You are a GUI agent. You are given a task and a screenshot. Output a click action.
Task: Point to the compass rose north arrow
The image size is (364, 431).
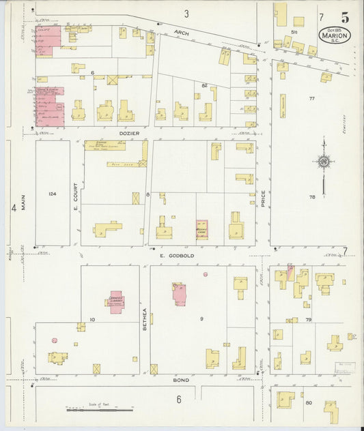(323, 161)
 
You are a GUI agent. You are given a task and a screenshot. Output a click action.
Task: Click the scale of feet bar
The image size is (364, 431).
(100, 411)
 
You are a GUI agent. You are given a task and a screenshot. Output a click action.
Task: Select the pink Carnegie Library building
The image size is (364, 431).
(116, 301)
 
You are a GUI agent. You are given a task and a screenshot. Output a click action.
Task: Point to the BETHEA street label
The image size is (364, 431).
(145, 319)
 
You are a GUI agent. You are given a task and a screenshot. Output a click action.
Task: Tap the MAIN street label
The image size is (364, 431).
(23, 203)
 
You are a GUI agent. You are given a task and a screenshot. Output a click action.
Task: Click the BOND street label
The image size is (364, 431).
(180, 379)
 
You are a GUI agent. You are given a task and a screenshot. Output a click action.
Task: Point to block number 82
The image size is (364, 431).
(204, 85)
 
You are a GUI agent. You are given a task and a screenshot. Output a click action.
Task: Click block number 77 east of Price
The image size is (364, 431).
(311, 99)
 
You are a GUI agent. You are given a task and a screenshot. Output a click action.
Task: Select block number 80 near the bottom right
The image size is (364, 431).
(309, 403)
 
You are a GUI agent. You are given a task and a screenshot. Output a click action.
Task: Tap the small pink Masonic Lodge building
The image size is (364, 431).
(202, 230)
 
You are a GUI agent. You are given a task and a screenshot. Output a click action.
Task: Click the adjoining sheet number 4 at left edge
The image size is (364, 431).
(13, 208)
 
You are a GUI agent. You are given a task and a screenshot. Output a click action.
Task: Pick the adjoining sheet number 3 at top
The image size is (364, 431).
(186, 14)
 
